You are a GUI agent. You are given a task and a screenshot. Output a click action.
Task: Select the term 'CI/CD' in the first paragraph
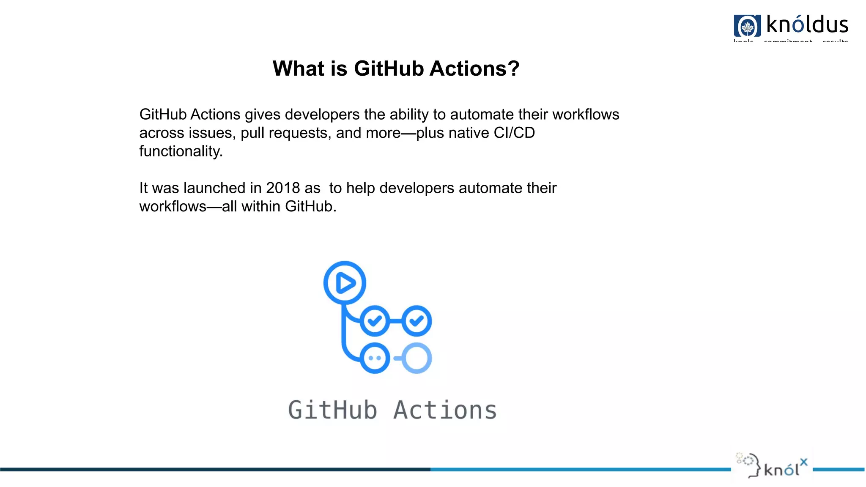(x=514, y=133)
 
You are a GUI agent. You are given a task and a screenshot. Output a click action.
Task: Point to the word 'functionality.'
(x=181, y=151)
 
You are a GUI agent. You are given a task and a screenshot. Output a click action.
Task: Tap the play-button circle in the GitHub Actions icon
(x=345, y=282)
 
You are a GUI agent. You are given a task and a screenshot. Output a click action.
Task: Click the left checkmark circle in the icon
(x=375, y=321)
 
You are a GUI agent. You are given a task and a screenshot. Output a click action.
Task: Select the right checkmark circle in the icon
(x=417, y=321)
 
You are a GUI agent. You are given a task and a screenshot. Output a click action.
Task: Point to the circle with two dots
(x=375, y=358)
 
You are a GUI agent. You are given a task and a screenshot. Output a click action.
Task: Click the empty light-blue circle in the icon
(x=417, y=358)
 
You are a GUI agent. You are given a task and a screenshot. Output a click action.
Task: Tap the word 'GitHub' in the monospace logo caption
(x=332, y=410)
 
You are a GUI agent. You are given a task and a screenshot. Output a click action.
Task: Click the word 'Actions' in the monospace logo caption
(x=445, y=410)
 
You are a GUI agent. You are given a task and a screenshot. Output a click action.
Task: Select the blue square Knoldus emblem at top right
(x=747, y=26)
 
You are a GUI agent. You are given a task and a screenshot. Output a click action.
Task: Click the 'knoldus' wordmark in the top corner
(x=807, y=25)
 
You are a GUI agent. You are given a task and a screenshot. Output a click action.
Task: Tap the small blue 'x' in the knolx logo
(x=803, y=462)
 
